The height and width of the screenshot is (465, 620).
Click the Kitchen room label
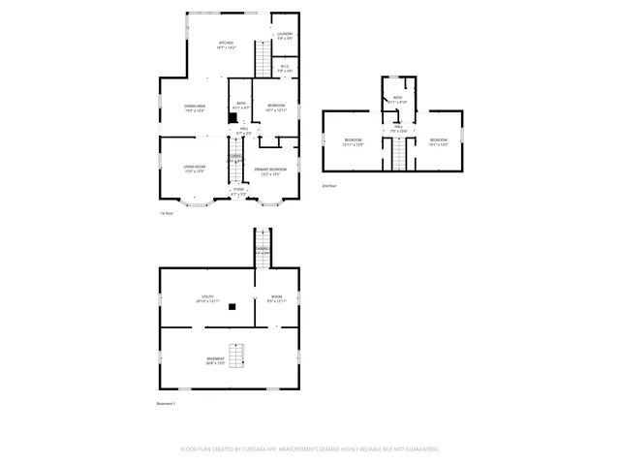pyautogui.click(x=226, y=45)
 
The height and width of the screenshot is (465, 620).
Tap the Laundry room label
pyautogui.click(x=284, y=37)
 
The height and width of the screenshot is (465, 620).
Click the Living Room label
pyautogui.click(x=195, y=170)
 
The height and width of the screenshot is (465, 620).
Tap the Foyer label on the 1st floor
pyautogui.click(x=238, y=192)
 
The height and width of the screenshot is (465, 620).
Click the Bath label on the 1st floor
pyautogui.click(x=239, y=107)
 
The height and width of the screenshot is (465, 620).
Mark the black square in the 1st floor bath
pyautogui.click(x=232, y=119)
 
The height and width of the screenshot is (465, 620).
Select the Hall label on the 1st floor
pyautogui.click(x=245, y=131)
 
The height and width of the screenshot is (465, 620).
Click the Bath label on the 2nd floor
pyautogui.click(x=398, y=100)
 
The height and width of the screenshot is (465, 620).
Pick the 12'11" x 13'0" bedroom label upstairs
pyautogui.click(x=353, y=142)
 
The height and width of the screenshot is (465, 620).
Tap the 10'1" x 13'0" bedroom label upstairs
pyautogui.click(x=438, y=142)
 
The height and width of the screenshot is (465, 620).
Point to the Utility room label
pyautogui.click(x=207, y=299)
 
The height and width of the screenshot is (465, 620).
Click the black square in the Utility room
pyautogui.click(x=232, y=308)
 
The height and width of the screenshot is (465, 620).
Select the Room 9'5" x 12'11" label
pyautogui.click(x=277, y=299)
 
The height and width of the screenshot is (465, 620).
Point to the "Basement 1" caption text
pyautogui.click(x=166, y=403)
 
